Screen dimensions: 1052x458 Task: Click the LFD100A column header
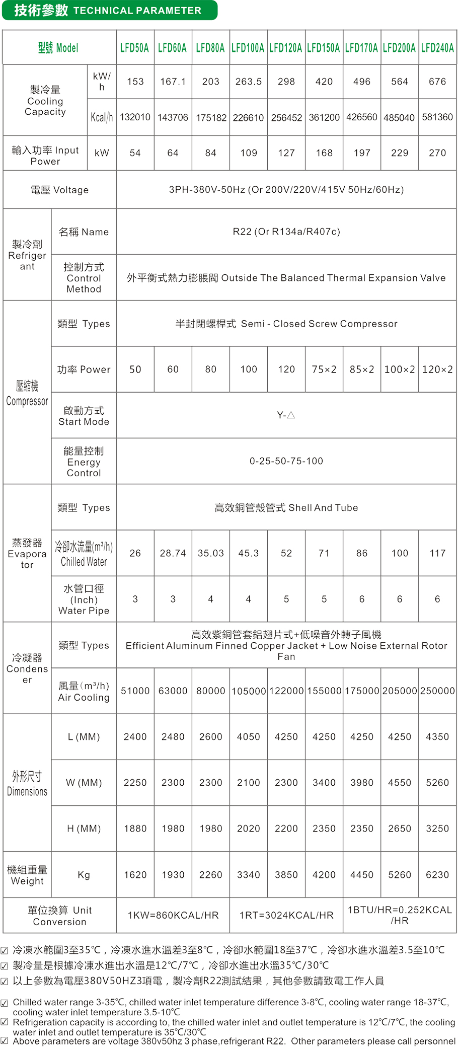(x=248, y=48)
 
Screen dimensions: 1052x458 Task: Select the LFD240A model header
(x=437, y=48)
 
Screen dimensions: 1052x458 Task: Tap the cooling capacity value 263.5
(x=248, y=82)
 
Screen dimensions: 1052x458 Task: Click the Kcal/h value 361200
(x=324, y=117)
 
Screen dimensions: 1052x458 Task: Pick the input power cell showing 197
(x=362, y=153)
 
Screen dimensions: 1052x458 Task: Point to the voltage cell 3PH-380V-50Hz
(x=286, y=190)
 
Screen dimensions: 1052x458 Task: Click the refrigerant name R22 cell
(x=286, y=232)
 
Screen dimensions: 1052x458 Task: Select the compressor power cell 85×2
(x=362, y=369)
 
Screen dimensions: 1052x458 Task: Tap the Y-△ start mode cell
(x=286, y=415)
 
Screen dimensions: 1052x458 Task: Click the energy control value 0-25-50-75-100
(x=286, y=461)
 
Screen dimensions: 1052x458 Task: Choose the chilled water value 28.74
(x=173, y=553)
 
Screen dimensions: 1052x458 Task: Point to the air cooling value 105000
(x=248, y=691)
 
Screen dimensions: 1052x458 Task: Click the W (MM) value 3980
(x=362, y=783)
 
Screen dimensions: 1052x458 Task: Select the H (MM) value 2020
(x=248, y=829)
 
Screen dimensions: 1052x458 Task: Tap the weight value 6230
(x=437, y=875)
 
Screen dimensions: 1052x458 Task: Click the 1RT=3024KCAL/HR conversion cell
(x=286, y=915)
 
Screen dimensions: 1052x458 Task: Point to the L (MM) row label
(x=84, y=737)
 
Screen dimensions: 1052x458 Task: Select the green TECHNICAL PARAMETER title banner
(x=109, y=10)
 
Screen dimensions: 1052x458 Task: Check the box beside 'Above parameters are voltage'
(x=5, y=1040)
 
